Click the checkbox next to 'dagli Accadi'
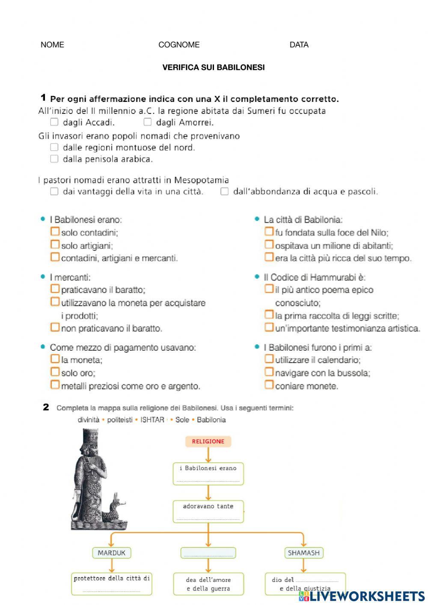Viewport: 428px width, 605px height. coord(54,122)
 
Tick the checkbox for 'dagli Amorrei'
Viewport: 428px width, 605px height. coord(147,122)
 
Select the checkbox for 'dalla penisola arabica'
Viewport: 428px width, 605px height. coord(54,159)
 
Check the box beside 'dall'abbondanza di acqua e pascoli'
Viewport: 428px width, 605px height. coord(224,191)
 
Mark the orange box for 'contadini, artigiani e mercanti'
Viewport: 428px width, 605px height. coord(55,257)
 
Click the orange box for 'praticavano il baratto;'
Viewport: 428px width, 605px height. coord(55,289)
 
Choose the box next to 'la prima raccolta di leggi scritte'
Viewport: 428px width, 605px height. coord(269,315)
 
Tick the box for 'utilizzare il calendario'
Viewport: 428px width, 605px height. coord(269,359)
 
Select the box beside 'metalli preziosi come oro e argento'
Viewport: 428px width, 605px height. coord(55,385)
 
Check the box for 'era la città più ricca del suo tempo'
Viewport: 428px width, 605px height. coord(269,257)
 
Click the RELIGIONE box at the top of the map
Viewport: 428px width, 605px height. coord(208,441)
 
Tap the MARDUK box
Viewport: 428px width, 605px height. coord(111,553)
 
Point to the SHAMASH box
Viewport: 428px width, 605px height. coord(303,553)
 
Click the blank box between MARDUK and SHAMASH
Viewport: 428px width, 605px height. coord(208,553)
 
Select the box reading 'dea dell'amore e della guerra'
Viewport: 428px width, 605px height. coord(208,584)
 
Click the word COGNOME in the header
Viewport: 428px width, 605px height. coord(179,45)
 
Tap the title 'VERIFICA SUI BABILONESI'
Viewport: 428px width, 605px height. coord(214,67)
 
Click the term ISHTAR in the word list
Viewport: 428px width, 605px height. coord(152,420)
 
